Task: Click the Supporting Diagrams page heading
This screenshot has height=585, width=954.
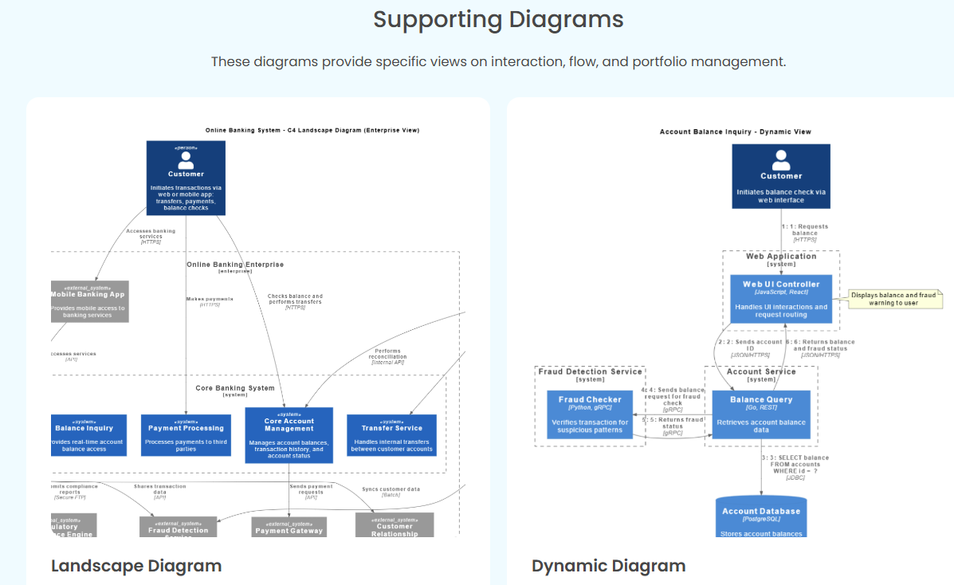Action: tap(498, 19)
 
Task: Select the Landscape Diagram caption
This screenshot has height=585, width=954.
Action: tap(136, 566)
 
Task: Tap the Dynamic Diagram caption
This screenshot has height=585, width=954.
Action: tap(608, 566)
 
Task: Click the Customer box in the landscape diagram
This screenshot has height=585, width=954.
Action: tap(186, 178)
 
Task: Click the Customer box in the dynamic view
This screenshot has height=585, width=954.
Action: tap(781, 176)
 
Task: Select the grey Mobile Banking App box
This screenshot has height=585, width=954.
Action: tap(89, 301)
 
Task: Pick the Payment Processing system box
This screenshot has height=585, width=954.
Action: tap(186, 435)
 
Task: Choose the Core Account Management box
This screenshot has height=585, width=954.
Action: tap(289, 435)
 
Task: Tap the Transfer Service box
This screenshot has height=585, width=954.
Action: tap(391, 435)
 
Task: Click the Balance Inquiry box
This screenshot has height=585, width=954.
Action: tap(89, 435)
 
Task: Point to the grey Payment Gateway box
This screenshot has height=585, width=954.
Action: tap(289, 527)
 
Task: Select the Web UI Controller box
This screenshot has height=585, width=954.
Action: tap(781, 299)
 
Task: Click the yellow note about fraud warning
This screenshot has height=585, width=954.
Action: tap(893, 299)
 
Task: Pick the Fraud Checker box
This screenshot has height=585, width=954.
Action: tap(590, 414)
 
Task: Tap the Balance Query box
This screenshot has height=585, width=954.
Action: tap(760, 414)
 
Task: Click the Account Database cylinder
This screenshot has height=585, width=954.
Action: tap(760, 517)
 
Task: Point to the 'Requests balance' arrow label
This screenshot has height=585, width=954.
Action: tap(804, 233)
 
